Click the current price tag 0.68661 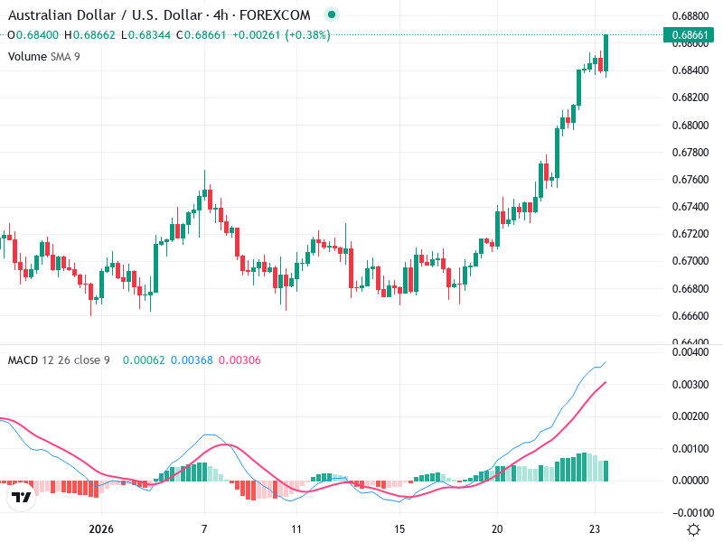pos(691,35)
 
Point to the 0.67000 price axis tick pos(690,261)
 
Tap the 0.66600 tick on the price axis pos(690,315)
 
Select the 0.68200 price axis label pos(690,98)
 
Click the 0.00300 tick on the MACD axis pos(690,385)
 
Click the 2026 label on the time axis pos(101,528)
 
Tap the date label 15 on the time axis pos(399,528)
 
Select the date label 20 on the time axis pos(497,528)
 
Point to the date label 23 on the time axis pos(595,528)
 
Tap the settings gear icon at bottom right pos(693,529)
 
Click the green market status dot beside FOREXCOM pos(332,14)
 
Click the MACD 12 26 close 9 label pos(59,360)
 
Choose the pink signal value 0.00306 pos(239,360)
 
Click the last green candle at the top pos(606,52)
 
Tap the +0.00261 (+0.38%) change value pos(281,34)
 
